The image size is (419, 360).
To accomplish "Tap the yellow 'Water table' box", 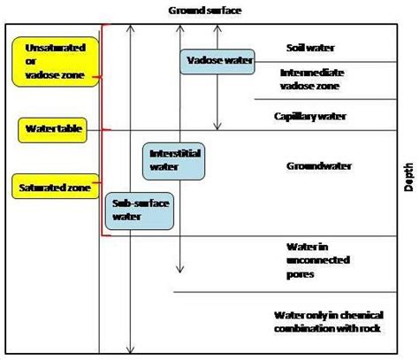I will (52, 130).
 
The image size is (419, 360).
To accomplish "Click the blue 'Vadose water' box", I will (217, 62).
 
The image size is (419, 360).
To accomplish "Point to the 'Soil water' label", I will (310, 48).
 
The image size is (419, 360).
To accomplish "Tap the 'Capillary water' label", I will (310, 116).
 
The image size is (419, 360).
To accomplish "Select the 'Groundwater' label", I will (319, 165).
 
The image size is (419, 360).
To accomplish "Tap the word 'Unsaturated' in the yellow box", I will (50, 45).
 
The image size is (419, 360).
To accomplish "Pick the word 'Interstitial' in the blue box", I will (171, 151).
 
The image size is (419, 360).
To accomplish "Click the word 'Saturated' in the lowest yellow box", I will (40, 186).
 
